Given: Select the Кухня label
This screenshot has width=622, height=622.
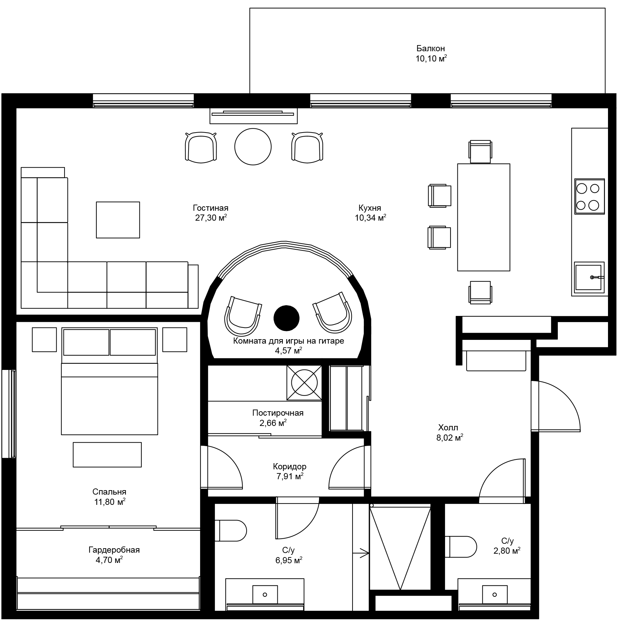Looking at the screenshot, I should tap(370, 208).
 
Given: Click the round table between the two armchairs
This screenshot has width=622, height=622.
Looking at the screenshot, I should tap(253, 147).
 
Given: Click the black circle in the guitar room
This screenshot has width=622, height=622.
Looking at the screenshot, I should tap(286, 318).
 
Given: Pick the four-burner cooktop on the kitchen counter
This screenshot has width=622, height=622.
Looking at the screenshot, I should tap(589, 196).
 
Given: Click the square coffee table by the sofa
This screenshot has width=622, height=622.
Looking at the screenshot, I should tap(118, 220).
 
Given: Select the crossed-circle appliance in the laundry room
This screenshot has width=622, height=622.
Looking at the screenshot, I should tap(304, 383).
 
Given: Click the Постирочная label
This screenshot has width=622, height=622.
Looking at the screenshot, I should tap(278, 413).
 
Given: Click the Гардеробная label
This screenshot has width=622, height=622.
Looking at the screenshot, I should tap(114, 550).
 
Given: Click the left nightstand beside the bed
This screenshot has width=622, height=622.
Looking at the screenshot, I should tap(44, 340).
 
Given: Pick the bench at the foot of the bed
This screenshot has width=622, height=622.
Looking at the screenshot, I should tap(107, 455).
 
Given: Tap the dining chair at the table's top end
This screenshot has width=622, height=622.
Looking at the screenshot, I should tap(481, 151).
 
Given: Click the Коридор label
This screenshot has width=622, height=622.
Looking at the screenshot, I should tap(289, 466).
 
